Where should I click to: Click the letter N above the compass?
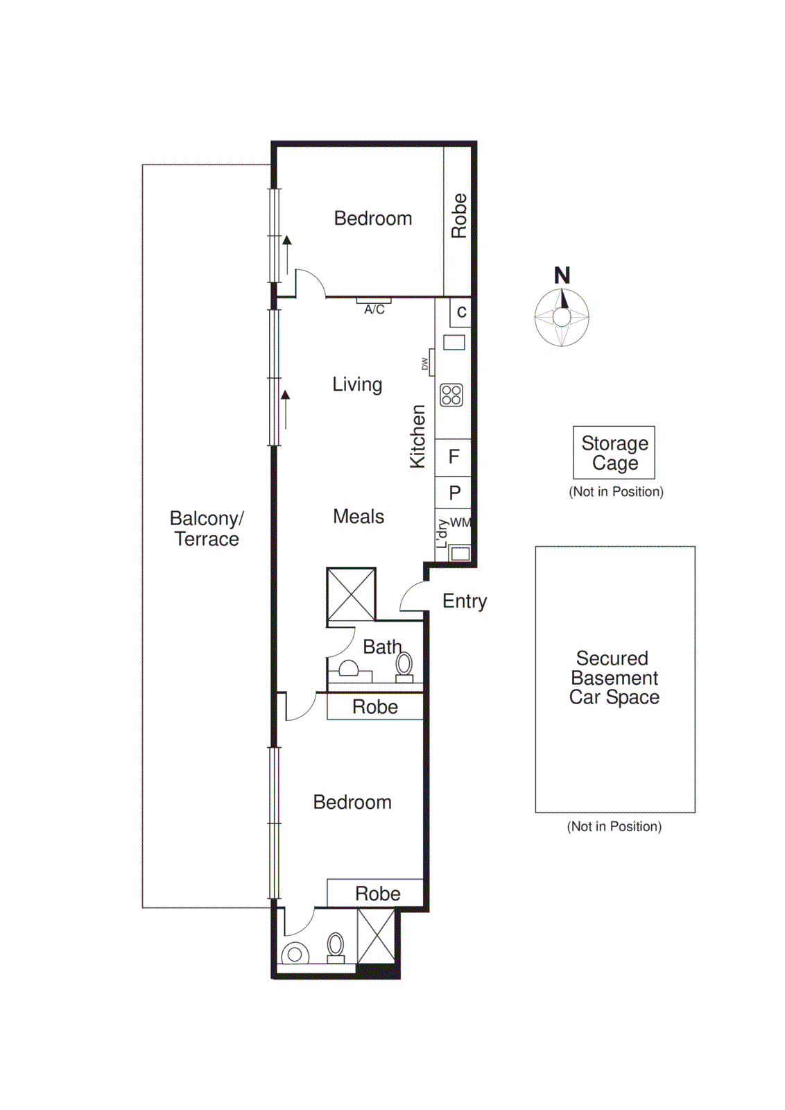coord(562,275)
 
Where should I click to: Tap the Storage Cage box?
coord(614,452)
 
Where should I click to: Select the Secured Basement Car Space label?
coord(614,678)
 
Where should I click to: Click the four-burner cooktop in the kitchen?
coord(451,395)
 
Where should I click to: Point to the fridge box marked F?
coord(454,456)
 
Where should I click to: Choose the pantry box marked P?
coord(454,493)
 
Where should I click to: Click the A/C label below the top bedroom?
coord(374,309)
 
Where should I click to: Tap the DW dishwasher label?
coord(425,364)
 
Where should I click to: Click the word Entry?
coord(465,601)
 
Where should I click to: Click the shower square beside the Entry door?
coord(352,594)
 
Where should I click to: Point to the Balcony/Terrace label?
coord(207,529)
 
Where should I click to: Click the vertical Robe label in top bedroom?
coord(459,216)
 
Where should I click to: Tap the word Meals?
coord(359,516)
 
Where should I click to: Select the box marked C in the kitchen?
coord(461,312)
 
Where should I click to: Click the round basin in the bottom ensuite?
coord(295,954)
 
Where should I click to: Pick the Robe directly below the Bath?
coord(375,707)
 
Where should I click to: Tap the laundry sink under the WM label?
coord(460,553)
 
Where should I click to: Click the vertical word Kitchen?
coord(417,436)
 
